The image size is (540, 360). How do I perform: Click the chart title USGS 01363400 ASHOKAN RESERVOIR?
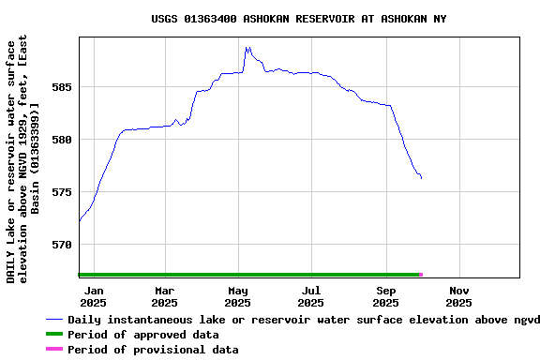(299, 19)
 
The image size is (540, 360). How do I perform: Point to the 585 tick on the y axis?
(62, 87)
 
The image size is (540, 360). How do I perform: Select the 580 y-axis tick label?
(62, 140)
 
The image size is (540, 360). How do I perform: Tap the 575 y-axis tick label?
(62, 192)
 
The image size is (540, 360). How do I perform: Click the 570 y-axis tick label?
(62, 245)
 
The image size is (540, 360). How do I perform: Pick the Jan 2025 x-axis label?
(93, 296)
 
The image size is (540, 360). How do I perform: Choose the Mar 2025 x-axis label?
(164, 296)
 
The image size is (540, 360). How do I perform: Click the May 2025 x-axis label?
(238, 296)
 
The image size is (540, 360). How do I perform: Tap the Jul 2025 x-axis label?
(311, 296)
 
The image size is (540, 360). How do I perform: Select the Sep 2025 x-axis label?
(385, 296)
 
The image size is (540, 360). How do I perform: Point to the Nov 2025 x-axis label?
(458, 296)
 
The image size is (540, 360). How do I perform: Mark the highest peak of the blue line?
(247, 47)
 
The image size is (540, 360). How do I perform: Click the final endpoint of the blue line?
(421, 178)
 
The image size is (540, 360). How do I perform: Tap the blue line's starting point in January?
(80, 221)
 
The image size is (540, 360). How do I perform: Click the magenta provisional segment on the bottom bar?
(421, 275)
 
